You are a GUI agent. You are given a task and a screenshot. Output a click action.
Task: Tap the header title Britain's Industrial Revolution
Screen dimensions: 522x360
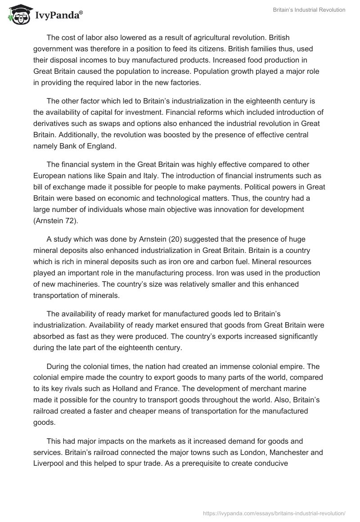pos(309,10)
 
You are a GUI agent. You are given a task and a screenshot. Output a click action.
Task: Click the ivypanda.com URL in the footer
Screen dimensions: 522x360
pos(274,513)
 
